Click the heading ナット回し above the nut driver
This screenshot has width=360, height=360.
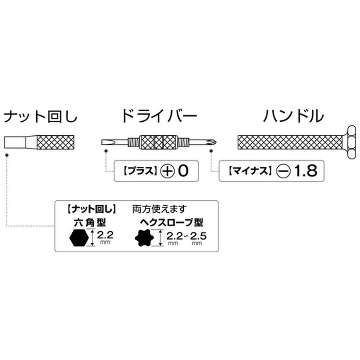(x=40, y=117)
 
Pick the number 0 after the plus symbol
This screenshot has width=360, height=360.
(x=183, y=171)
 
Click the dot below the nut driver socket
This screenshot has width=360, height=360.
(x=7, y=154)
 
